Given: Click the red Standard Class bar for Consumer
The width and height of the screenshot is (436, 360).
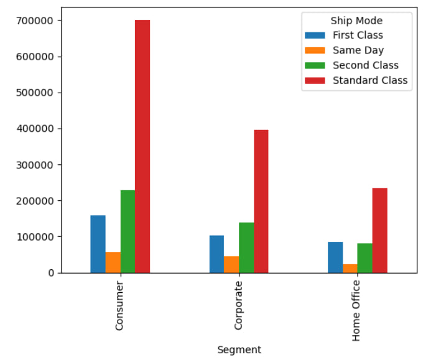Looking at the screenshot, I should tap(142, 146).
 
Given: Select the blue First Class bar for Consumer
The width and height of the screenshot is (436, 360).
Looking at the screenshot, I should tap(98, 244).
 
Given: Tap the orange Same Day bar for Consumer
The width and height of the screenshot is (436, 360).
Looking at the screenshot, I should tap(113, 262).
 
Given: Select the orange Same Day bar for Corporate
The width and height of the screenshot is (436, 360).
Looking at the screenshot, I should tap(231, 264).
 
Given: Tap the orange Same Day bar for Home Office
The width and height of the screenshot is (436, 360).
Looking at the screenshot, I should tap(350, 268).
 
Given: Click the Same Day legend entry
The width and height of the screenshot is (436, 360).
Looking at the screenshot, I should tap(358, 50).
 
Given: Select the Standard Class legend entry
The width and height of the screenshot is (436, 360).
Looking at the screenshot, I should tap(369, 80).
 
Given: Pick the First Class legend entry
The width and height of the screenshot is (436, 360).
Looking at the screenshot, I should tap(358, 35).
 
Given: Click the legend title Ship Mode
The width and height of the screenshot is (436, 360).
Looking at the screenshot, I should tap(356, 21).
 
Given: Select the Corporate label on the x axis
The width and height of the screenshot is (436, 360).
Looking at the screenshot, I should tap(238, 305).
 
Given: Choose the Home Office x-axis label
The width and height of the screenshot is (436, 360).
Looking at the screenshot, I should tap(356, 310).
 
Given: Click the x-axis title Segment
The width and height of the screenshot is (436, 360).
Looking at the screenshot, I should tap(239, 349).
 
